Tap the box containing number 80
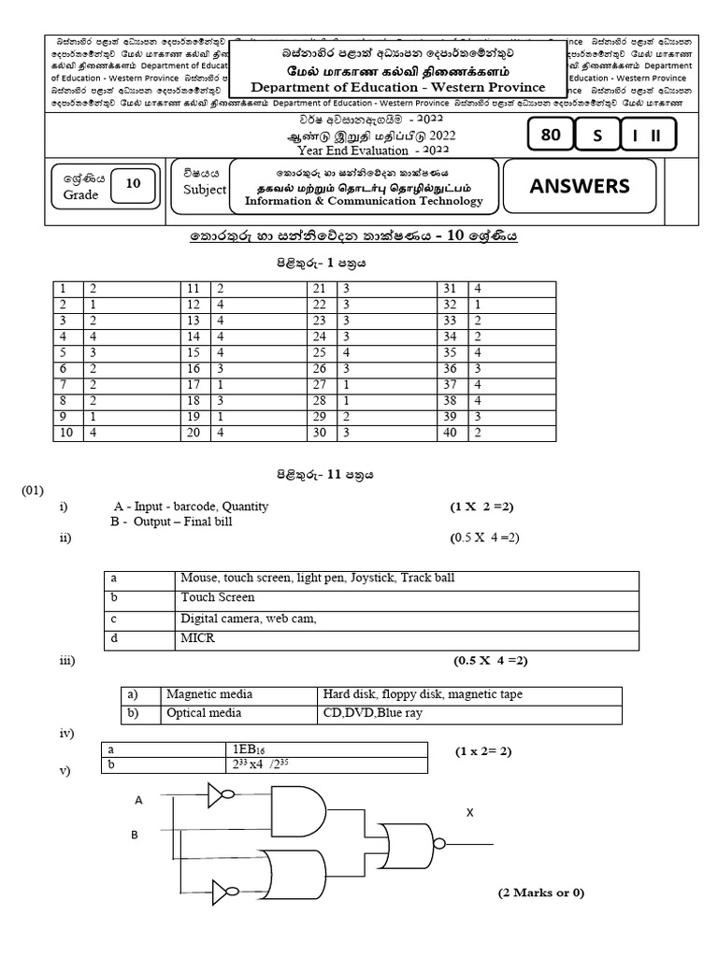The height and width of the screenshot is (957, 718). (x=551, y=136)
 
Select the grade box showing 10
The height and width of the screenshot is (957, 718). (x=134, y=184)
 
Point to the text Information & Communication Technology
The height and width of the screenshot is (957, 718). (x=365, y=201)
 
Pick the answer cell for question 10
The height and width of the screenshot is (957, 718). (x=130, y=433)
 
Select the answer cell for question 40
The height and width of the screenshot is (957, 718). (x=542, y=433)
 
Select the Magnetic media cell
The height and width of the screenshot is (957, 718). (x=209, y=695)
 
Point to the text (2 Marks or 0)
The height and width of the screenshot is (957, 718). (x=540, y=893)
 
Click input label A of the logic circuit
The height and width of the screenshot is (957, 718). (x=139, y=800)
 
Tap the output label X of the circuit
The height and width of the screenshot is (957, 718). (x=470, y=813)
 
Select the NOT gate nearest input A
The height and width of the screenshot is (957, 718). (x=221, y=795)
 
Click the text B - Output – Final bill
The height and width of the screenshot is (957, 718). (x=171, y=522)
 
